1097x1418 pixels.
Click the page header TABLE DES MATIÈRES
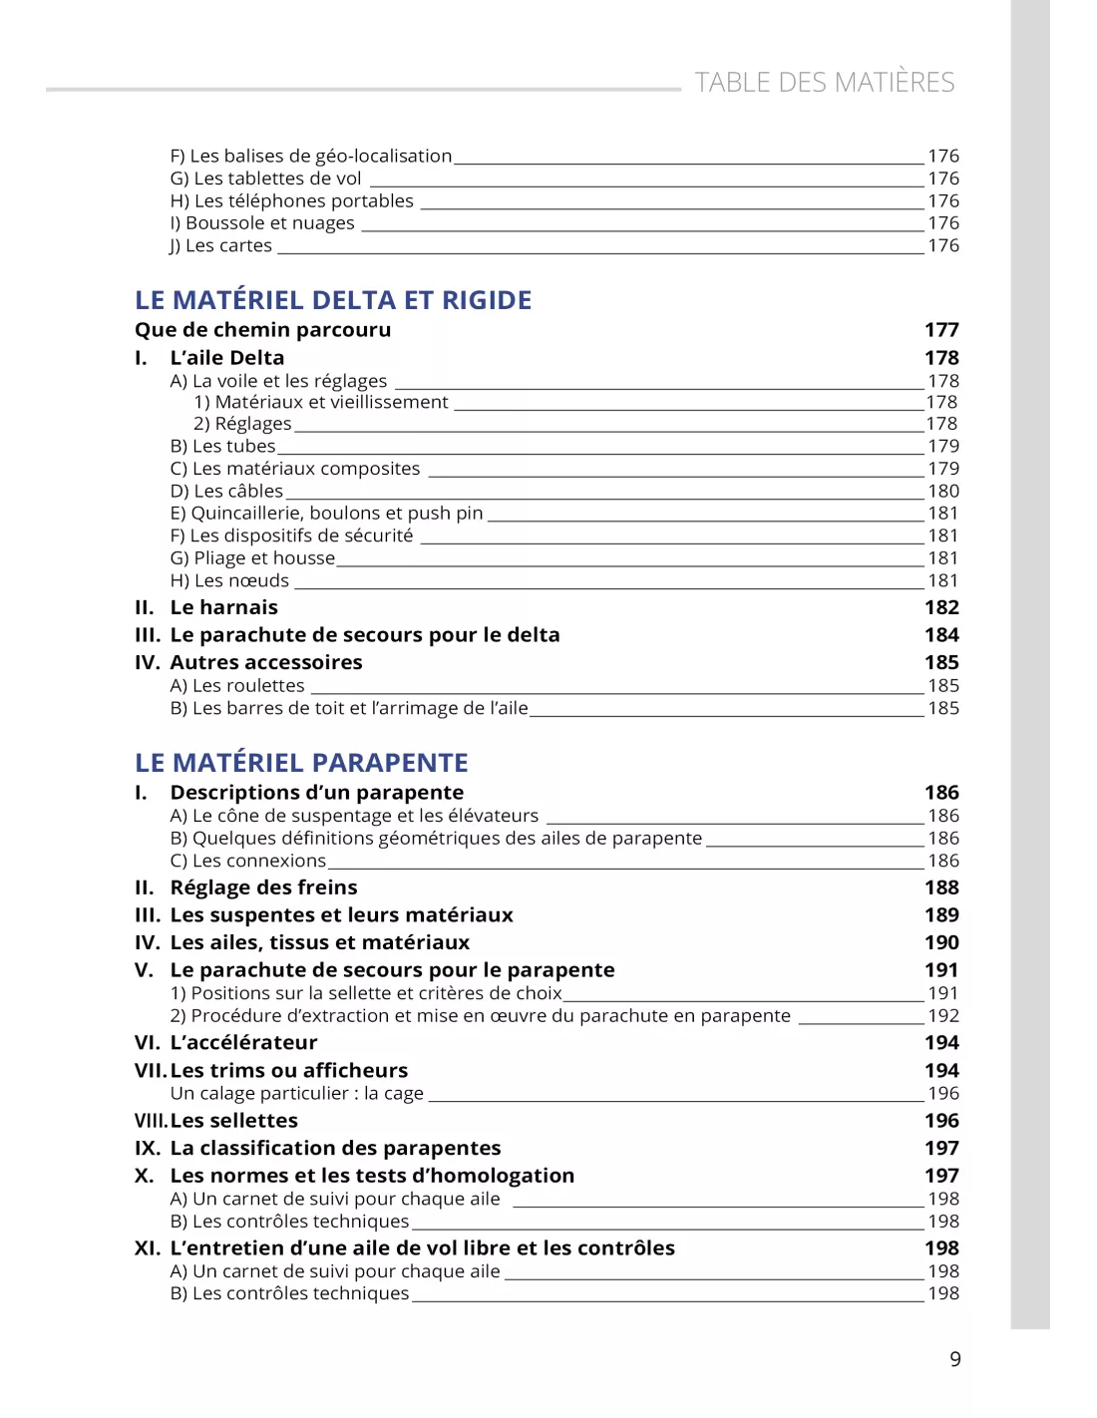coord(824,82)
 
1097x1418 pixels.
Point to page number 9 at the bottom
coord(955,1359)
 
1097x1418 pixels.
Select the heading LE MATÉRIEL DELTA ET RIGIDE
coord(333,300)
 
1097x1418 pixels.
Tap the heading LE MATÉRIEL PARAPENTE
coord(301,763)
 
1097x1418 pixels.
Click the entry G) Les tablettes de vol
coord(265,178)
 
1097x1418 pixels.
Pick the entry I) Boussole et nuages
coord(262,223)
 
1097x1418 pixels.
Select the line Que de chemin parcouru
coord(262,330)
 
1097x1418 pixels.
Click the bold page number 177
coord(941,330)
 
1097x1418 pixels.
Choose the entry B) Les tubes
coord(222,446)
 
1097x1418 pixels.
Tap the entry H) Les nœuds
coord(229,580)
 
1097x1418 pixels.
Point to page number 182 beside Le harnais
coord(941,607)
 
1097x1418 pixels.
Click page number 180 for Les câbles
coord(943,491)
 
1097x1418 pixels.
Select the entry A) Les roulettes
coord(237,685)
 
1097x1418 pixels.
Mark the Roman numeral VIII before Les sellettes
coord(151,1121)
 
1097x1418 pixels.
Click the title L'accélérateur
coord(243,1043)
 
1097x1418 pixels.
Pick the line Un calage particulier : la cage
coord(296,1093)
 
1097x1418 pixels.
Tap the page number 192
coord(943,1015)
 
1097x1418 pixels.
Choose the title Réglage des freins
coord(263,887)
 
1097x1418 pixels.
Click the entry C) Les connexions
coord(247,861)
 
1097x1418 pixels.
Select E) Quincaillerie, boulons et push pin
coord(326,513)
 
